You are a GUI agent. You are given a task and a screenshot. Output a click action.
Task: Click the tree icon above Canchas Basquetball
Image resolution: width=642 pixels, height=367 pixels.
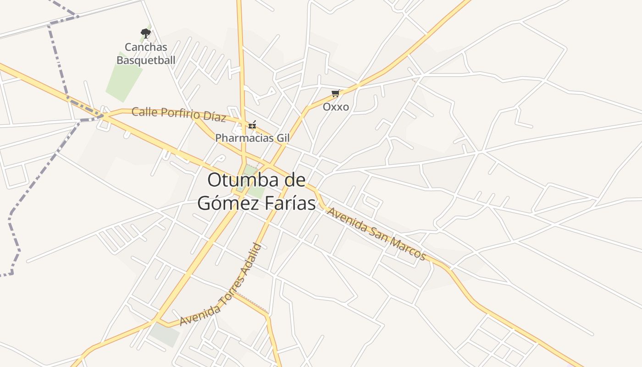pyautogui.click(x=145, y=33)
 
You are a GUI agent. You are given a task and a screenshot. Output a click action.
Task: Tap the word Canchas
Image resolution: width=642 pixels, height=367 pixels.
pyautogui.click(x=146, y=47)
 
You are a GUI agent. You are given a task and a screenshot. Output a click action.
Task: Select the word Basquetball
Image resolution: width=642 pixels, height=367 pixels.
pyautogui.click(x=146, y=60)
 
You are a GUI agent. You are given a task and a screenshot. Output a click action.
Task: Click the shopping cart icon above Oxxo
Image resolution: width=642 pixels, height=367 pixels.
pyautogui.click(x=336, y=94)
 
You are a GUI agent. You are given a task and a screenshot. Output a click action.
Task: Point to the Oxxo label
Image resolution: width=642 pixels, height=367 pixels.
pyautogui.click(x=336, y=107)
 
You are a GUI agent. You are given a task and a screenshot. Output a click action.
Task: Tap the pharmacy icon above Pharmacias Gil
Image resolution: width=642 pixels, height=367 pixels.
pyautogui.click(x=252, y=125)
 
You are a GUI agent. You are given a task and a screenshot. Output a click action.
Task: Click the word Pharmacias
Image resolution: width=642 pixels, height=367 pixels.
pyautogui.click(x=244, y=138)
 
